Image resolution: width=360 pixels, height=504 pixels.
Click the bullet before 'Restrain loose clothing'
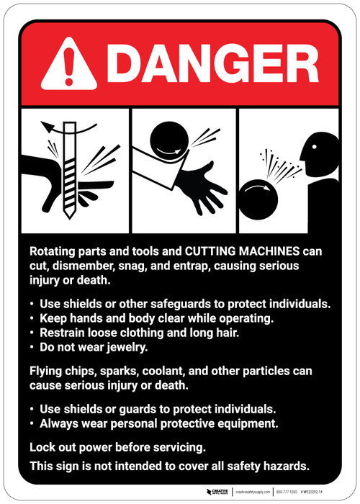(x=32, y=333)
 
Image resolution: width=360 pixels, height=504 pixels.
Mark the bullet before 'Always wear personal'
(x=32, y=423)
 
